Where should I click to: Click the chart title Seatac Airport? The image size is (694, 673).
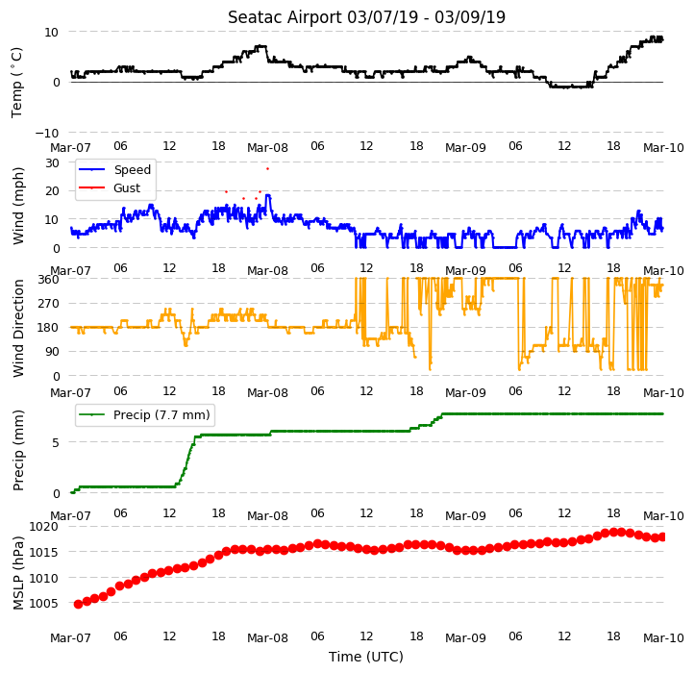(x=285, y=17)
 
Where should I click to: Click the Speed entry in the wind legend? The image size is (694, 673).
(x=133, y=169)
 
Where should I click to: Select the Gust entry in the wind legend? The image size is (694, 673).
(x=127, y=188)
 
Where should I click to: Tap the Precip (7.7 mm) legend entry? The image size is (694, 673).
(x=161, y=415)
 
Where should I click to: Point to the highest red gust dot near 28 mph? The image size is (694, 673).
(x=267, y=168)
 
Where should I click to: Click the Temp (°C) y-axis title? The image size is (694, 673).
(x=16, y=83)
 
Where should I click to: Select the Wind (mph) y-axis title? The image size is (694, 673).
(x=17, y=206)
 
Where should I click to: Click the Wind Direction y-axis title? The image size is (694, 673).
(x=17, y=328)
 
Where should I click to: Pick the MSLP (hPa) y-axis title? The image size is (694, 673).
(x=17, y=573)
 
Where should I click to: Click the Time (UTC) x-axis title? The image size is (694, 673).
(x=366, y=657)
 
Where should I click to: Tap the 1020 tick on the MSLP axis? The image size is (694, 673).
(x=43, y=527)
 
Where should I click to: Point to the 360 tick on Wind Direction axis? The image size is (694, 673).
(x=49, y=280)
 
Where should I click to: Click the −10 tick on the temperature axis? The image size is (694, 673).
(x=46, y=133)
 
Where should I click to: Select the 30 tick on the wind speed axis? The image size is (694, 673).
(x=52, y=162)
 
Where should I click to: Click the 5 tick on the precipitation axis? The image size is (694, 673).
(x=56, y=443)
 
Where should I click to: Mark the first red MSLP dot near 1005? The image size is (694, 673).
(x=79, y=605)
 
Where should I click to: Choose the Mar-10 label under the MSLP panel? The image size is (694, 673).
(x=663, y=638)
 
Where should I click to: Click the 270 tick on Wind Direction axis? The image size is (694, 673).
(x=49, y=304)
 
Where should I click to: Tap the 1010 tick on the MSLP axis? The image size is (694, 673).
(x=43, y=578)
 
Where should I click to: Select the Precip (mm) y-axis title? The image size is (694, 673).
(x=17, y=450)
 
